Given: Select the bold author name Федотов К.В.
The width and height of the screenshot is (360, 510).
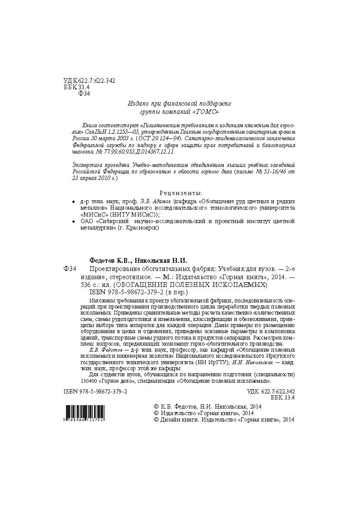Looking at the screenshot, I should [x=110, y=261].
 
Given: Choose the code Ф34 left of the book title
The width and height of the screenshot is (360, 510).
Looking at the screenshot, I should [x=69, y=269].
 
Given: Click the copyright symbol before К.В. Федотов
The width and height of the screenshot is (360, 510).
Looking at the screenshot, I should [x=156, y=406].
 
